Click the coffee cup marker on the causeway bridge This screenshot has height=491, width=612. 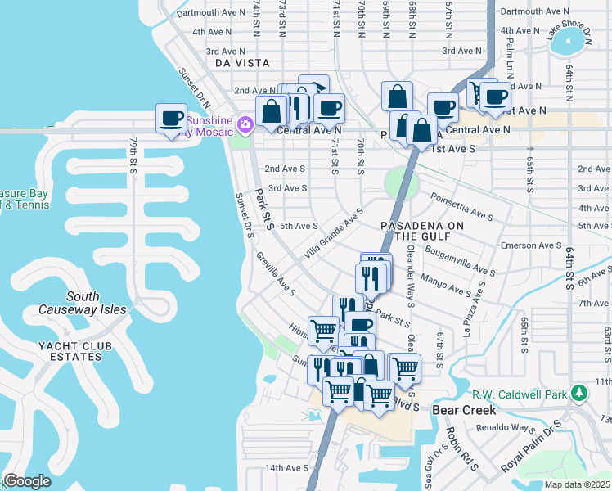171,119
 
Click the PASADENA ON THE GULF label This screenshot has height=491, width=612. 423,231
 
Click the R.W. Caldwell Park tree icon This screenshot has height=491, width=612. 580,394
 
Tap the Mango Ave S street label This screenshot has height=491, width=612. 452,286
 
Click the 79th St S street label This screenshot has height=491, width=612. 133,155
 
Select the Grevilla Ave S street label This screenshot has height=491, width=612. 276,274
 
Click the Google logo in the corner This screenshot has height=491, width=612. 27,481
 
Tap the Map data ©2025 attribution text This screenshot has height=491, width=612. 576,484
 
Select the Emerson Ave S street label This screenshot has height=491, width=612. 532,245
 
